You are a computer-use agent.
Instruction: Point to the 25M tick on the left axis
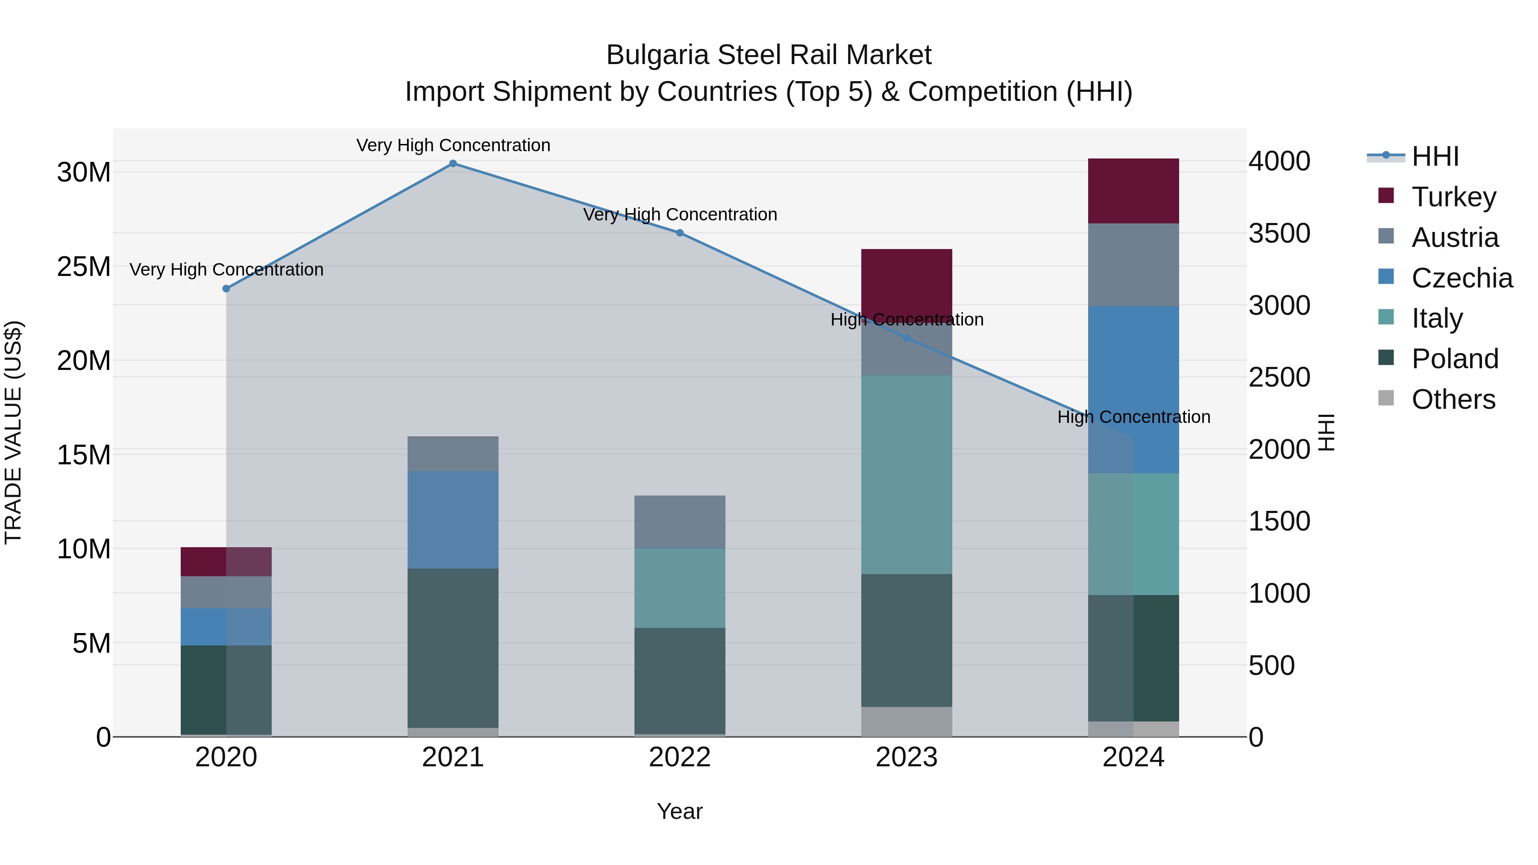tap(84, 267)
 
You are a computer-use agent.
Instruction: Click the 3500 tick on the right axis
tap(1279, 233)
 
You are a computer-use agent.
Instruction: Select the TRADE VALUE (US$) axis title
tap(13, 432)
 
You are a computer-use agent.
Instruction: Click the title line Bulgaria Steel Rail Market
tap(769, 55)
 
